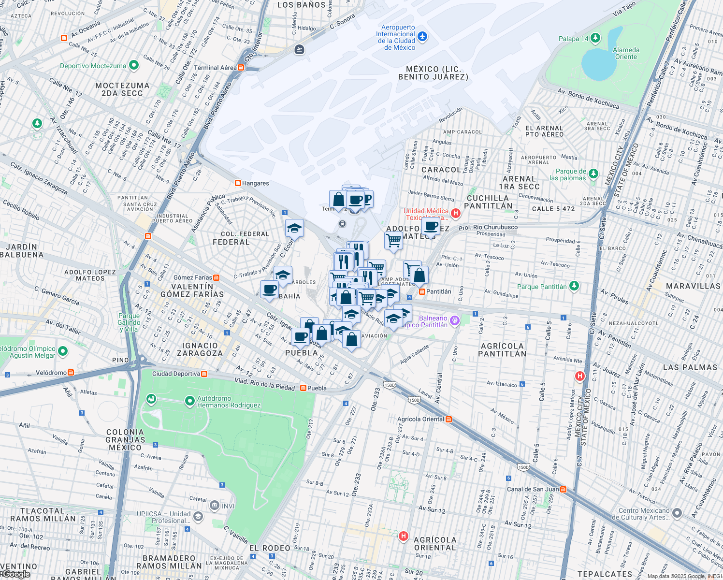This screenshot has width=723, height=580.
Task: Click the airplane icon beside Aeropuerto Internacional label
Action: (x=422, y=36)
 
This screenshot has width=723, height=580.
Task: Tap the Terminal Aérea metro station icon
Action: (x=241, y=68)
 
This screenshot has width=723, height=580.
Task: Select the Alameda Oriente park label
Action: (x=626, y=53)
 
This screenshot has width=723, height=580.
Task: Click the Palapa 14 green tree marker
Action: (x=595, y=38)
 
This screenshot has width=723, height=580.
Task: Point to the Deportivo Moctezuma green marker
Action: (x=134, y=65)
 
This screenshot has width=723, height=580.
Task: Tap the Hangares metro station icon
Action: (x=238, y=183)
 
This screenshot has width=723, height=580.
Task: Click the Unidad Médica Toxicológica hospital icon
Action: (x=455, y=213)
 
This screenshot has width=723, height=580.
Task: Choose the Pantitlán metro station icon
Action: (x=422, y=291)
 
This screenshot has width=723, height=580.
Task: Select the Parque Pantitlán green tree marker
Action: (x=574, y=286)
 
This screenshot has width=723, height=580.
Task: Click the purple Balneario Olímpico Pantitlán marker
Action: (x=454, y=320)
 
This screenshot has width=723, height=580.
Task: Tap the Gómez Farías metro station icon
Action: (x=216, y=277)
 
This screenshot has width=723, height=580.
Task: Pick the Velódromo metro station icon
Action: (x=71, y=373)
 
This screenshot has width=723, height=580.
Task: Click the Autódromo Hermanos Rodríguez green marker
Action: (x=190, y=401)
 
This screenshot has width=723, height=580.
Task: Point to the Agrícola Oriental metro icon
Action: (x=449, y=419)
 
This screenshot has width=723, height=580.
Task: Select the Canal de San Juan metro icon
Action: (x=563, y=489)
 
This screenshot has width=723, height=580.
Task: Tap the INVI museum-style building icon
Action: (x=214, y=506)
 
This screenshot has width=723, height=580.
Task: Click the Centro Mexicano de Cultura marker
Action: (x=678, y=513)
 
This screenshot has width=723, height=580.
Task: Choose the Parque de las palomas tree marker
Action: (x=593, y=174)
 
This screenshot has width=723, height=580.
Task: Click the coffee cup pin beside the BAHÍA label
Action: (x=269, y=290)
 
